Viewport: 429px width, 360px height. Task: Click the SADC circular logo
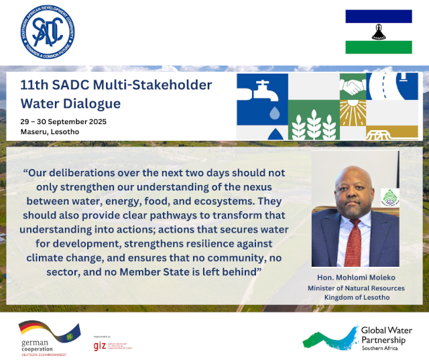pos(48,33)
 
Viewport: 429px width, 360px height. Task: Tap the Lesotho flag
pos(378,32)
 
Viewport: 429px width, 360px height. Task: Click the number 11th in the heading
pos(37,85)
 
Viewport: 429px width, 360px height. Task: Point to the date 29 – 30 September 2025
pos(63,121)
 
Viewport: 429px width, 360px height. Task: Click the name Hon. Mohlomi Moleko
pos(355,276)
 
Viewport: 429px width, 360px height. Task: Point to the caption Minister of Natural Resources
pos(355,287)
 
